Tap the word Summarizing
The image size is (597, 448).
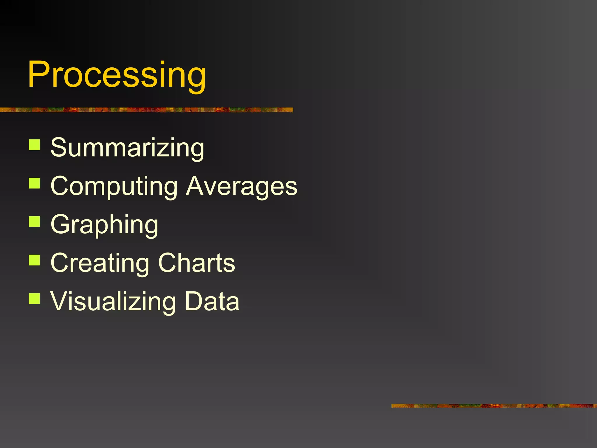tap(127, 148)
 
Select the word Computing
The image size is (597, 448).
tap(114, 187)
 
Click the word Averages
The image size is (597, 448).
tap(242, 187)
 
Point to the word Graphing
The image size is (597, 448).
tap(104, 225)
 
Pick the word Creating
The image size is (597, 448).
tap(100, 263)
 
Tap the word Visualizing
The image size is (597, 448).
tap(113, 302)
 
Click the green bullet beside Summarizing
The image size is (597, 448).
tap(34, 145)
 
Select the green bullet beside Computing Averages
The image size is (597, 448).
tap(34, 183)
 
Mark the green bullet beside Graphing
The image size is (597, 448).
tap(34, 221)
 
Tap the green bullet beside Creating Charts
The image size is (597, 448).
tap(34, 260)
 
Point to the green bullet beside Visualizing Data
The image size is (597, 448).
tap(34, 298)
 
